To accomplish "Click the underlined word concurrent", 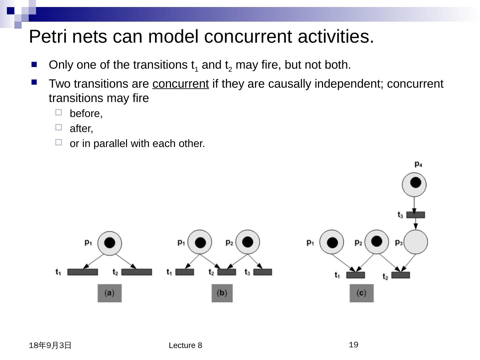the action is click(x=180, y=84).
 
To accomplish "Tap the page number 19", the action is click(x=353, y=345).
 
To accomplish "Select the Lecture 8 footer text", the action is click(x=185, y=345).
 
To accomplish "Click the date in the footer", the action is click(x=50, y=345).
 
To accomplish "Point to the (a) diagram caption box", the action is click(x=109, y=293).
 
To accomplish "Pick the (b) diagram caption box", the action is click(x=222, y=293).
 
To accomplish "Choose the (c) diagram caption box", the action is click(x=361, y=293).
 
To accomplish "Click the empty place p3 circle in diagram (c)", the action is click(x=416, y=242).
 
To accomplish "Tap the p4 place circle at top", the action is click(x=414, y=184).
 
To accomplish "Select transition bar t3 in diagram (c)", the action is click(x=416, y=215).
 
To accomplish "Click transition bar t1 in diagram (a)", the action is click(x=83, y=272).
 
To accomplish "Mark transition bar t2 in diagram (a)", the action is click(x=137, y=272).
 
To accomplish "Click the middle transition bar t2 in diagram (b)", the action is click(x=227, y=272).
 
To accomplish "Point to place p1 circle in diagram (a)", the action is click(x=110, y=243).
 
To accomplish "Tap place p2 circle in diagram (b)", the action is click(x=247, y=242).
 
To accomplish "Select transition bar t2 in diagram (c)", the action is click(x=400, y=275).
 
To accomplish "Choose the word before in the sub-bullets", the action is click(x=86, y=114).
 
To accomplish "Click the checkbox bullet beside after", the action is click(x=59, y=127).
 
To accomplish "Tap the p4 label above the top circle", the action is click(x=418, y=164).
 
